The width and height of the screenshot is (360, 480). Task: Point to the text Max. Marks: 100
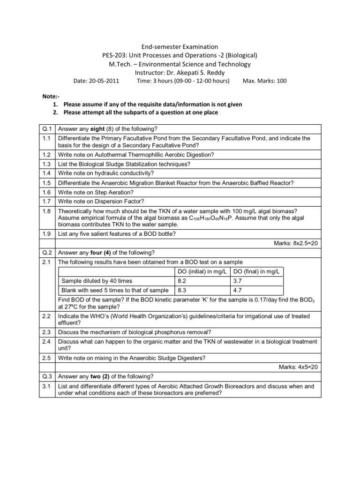pos(264,81)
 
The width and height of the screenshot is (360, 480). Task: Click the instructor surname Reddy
pos(217,72)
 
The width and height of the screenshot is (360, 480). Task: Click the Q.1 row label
pos(46,128)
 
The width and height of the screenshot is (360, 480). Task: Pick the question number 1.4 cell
pos(46,172)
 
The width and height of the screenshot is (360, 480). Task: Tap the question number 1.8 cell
pos(46,212)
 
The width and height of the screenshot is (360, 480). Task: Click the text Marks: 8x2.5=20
pos(296,243)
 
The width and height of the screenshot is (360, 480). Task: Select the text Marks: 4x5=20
pos(299,367)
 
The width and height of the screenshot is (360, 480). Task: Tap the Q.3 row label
pos(46,376)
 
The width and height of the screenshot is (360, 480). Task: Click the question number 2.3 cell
pos(46,332)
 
